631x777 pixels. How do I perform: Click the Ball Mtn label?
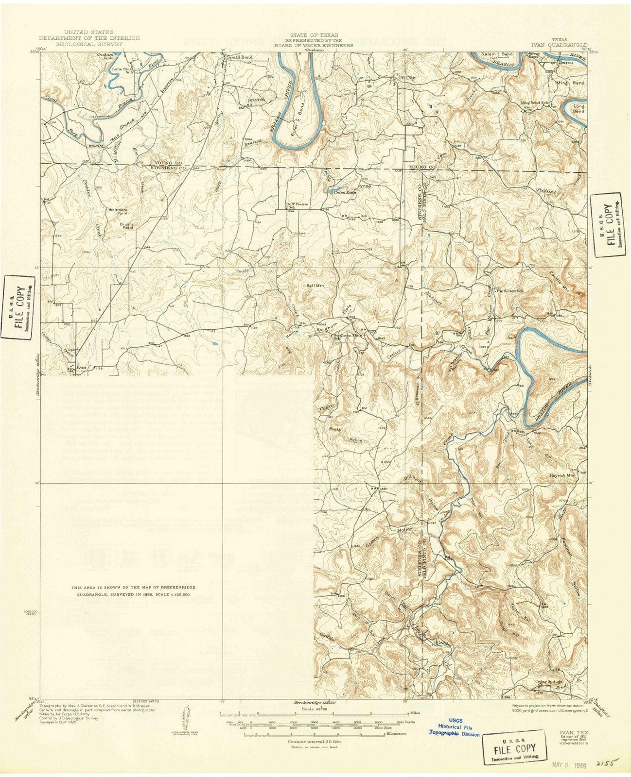[315, 286]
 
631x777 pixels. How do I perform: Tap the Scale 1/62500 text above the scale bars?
[314, 709]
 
